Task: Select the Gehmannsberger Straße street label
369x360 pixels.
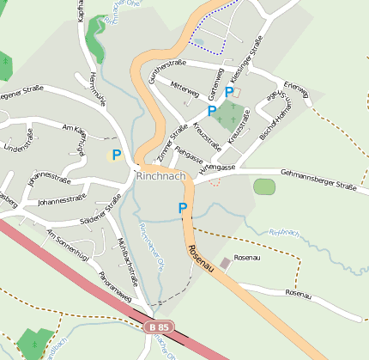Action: [x=306, y=179]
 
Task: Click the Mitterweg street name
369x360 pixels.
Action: [x=185, y=88]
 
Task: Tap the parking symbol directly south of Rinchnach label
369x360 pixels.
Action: [x=182, y=208]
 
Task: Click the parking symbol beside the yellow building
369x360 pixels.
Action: [x=117, y=156]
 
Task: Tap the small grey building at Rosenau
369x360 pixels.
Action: [x=225, y=262]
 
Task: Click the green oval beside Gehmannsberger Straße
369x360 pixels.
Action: [x=264, y=186]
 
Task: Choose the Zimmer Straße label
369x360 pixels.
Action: [x=172, y=143]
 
